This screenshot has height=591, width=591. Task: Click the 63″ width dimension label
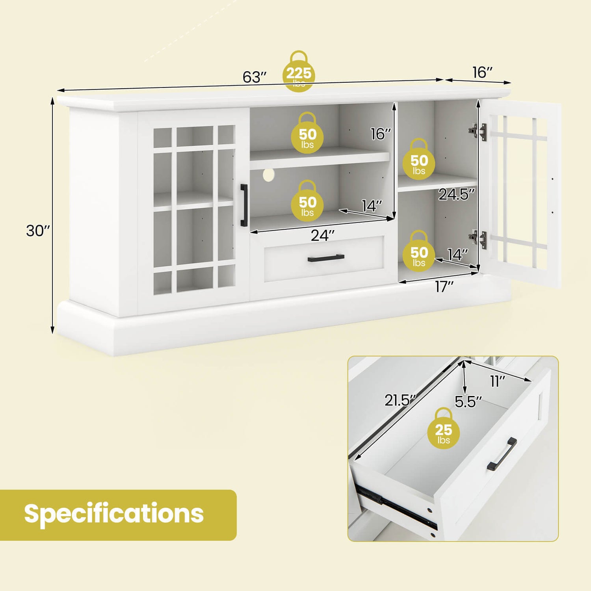click(x=255, y=77)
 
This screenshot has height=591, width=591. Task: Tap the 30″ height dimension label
click(x=38, y=230)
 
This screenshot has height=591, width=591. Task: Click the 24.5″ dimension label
click(x=457, y=194)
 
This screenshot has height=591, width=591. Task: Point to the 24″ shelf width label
click(x=322, y=236)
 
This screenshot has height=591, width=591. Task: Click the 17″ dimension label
click(x=444, y=287)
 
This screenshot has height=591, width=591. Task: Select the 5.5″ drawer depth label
click(x=468, y=402)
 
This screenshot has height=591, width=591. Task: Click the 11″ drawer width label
click(x=497, y=381)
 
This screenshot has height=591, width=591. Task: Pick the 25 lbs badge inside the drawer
click(x=444, y=428)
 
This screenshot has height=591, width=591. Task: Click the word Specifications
click(x=114, y=514)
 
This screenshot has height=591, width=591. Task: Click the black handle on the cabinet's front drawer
click(x=326, y=258)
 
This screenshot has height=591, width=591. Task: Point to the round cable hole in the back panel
click(x=269, y=175)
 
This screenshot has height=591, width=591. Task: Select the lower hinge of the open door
click(x=478, y=238)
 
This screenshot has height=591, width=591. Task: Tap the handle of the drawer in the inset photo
click(x=502, y=454)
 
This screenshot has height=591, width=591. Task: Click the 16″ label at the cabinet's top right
click(x=483, y=72)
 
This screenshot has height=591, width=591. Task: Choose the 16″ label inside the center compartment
click(x=381, y=134)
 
